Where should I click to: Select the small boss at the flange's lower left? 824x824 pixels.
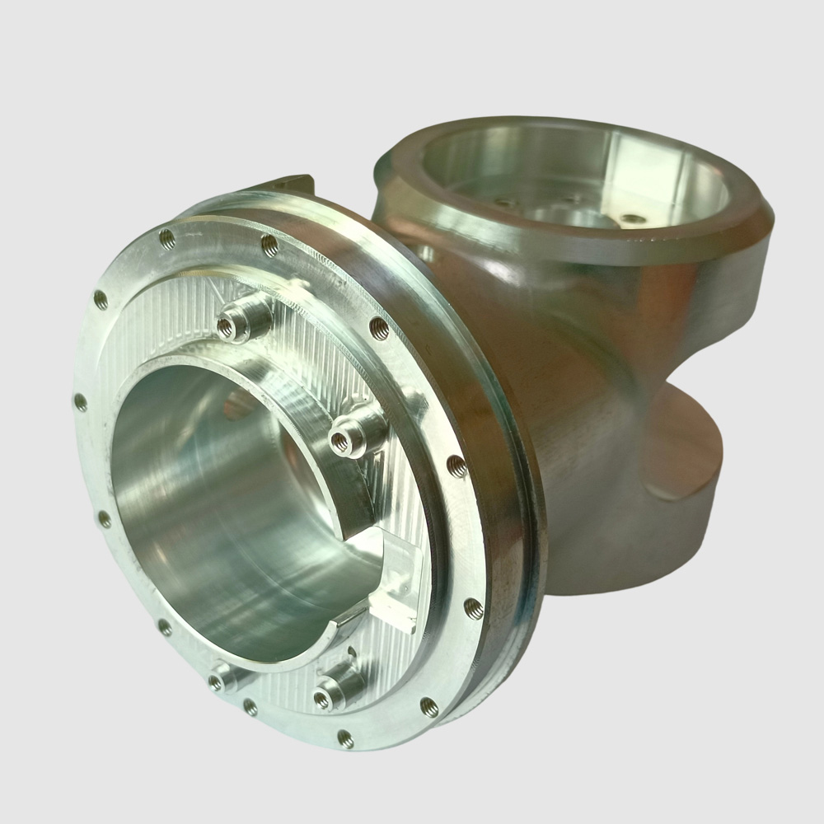pos(218,681)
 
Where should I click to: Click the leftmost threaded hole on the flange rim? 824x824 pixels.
pos(80,402)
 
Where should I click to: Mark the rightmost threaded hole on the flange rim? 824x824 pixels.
pos(473,608)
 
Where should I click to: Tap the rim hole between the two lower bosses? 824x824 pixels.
pos(250,706)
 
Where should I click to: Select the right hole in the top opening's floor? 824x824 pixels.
pos(632,219)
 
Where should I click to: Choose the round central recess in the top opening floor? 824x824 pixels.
pos(577,216)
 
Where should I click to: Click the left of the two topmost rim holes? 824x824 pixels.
pos(166,237)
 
